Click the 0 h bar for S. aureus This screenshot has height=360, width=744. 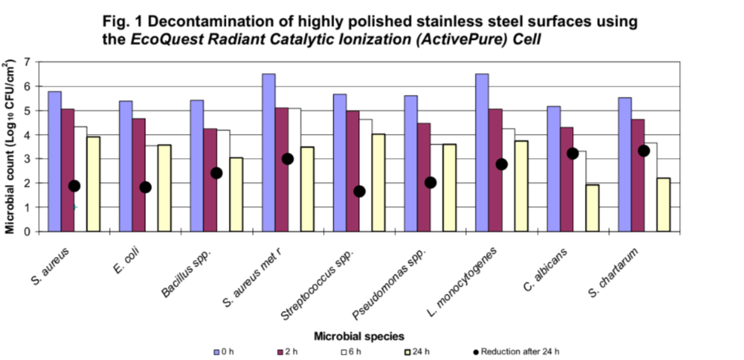click(x=54, y=161)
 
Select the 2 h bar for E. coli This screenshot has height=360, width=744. click(x=139, y=175)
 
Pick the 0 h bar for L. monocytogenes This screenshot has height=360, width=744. click(x=482, y=152)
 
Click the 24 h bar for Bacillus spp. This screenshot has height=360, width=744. click(x=236, y=194)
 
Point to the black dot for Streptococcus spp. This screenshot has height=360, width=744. click(x=359, y=191)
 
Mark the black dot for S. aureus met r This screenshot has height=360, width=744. click(x=288, y=159)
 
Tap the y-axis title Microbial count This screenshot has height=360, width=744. click(x=10, y=146)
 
